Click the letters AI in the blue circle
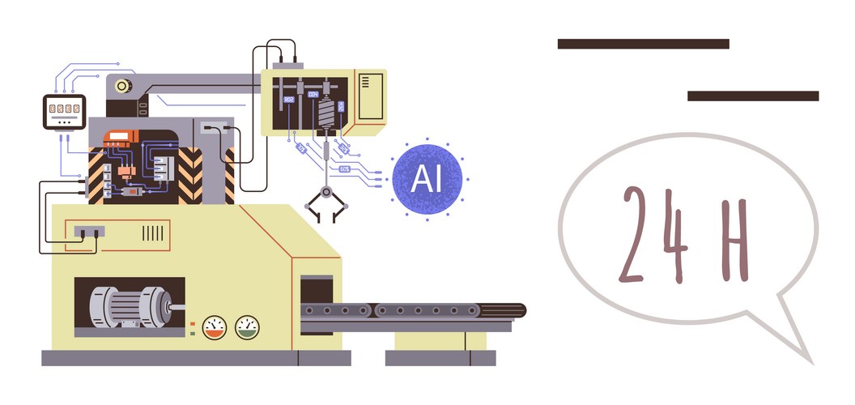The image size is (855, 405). point(427,178)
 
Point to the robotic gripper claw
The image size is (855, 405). point(325,202)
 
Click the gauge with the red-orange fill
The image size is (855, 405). point(215,326)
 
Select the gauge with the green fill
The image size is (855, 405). point(247,326)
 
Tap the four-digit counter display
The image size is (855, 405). point(63,108)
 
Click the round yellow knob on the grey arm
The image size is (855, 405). point(123,85)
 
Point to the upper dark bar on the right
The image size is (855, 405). point(643,44)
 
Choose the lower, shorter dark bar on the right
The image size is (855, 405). point(752,96)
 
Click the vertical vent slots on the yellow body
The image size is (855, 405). point(153,232)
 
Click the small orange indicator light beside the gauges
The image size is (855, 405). point(192,322)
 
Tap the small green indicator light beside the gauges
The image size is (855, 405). point(192,331)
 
